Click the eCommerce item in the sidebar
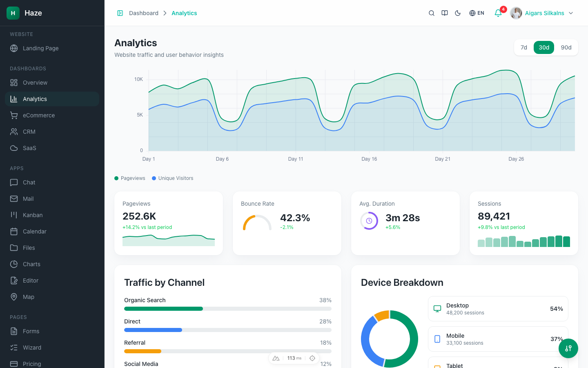[38, 115]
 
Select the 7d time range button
[523, 47]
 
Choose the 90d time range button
[566, 47]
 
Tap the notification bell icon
[498, 13]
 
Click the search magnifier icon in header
[431, 13]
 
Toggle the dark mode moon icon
[458, 13]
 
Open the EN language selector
[477, 13]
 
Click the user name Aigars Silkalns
[544, 13]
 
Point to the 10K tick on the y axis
[138, 79]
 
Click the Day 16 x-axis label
[369, 159]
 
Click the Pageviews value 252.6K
[139, 216]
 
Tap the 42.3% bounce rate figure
[295, 218]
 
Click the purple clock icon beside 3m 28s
[369, 221]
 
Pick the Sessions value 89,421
[494, 216]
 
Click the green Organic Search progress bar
[163, 309]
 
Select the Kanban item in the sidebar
[33, 215]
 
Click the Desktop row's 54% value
[556, 309]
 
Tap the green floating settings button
[568, 348]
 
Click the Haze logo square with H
[13, 13]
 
